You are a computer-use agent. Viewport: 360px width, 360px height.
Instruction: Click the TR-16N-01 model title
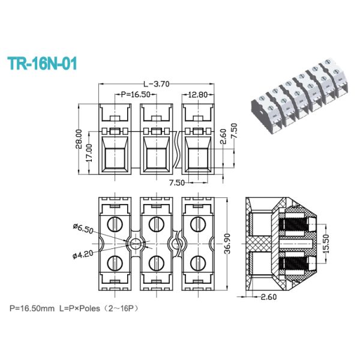pos(41,64)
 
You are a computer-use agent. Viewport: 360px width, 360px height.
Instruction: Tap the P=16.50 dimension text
pos(136,94)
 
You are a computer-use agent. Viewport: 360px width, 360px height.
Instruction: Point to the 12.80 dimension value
pos(197,94)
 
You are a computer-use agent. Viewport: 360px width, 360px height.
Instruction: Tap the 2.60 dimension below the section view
pos(268,296)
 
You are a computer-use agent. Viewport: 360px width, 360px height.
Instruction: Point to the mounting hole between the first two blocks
pos(136,243)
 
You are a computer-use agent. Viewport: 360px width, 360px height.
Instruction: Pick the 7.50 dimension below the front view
pos(176,181)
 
